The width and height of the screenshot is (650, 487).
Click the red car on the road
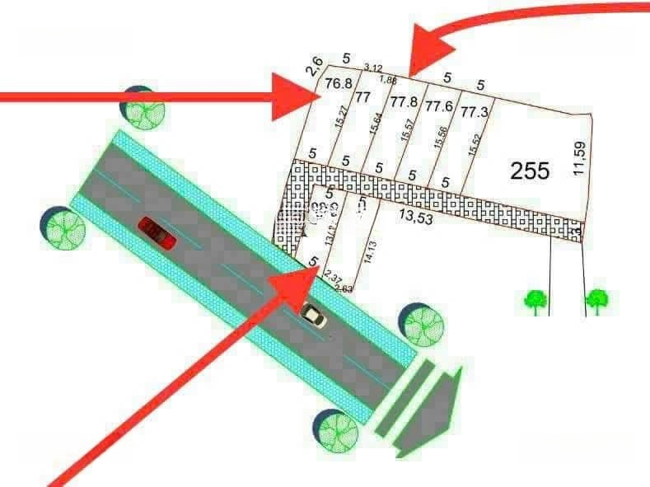(x=157, y=233)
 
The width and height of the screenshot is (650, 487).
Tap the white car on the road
(x=311, y=314)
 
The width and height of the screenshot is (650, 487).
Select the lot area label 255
(x=530, y=171)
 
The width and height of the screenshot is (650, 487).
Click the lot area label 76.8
(x=339, y=83)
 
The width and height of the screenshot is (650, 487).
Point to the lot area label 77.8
(x=404, y=103)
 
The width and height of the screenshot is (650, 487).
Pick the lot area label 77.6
(x=438, y=107)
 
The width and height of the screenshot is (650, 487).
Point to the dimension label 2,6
(x=312, y=67)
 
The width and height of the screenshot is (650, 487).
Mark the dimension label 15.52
(x=474, y=144)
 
